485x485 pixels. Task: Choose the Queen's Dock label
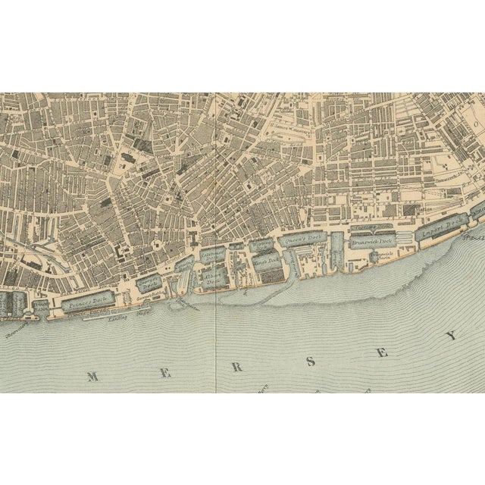[303, 240]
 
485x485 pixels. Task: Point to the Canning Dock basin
[184, 264]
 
